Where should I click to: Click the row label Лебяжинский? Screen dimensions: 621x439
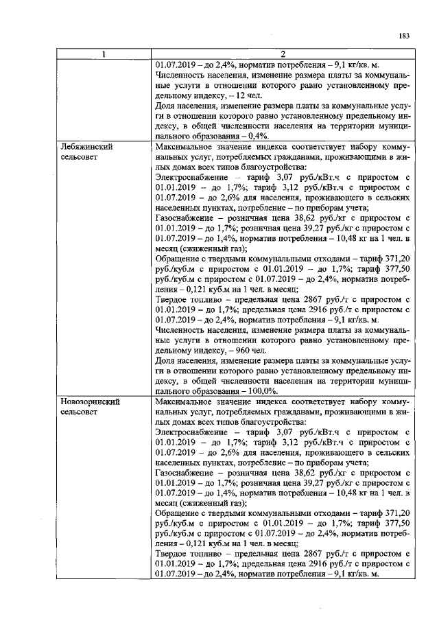[x=86, y=147]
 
